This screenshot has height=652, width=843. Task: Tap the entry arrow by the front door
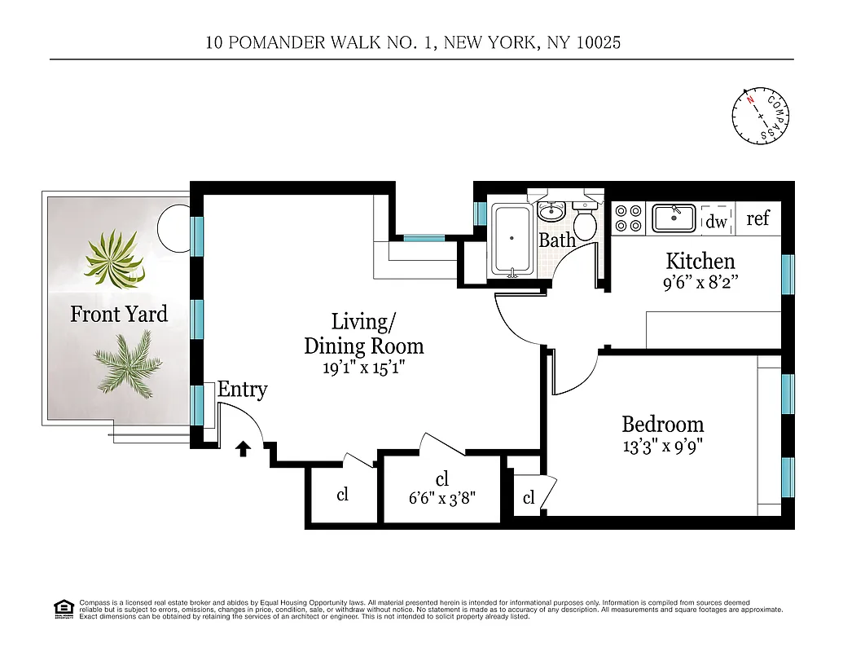tap(243, 448)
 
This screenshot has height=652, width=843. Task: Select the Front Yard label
tap(119, 315)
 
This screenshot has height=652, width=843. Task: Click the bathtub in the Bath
tap(512, 239)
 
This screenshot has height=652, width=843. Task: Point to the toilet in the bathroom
tap(585, 220)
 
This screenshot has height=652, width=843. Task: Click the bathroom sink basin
tap(552, 211)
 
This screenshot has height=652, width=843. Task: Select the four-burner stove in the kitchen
tap(628, 218)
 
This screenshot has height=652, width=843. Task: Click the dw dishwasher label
tap(716, 221)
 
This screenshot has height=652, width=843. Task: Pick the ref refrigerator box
tap(757, 218)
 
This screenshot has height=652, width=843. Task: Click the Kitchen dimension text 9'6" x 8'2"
tap(701, 284)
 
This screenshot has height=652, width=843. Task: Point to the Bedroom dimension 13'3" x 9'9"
tap(662, 446)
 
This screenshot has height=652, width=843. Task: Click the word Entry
tap(242, 390)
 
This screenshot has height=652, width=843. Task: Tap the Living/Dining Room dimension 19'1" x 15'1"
tap(364, 367)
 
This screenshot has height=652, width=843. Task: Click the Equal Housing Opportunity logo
tap(63, 609)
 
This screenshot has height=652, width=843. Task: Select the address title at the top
tap(414, 42)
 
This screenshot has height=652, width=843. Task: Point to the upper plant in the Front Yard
tap(115, 258)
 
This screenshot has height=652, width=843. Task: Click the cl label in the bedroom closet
tap(529, 499)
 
